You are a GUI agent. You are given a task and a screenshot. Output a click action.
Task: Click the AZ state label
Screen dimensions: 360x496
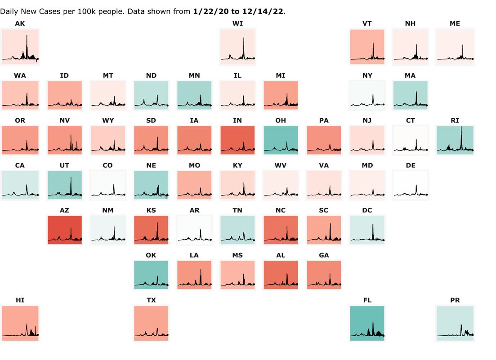click(64, 211)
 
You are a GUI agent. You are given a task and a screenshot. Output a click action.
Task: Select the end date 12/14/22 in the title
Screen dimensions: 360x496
click(263, 11)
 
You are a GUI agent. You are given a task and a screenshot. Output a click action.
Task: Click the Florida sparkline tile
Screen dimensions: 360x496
click(367, 323)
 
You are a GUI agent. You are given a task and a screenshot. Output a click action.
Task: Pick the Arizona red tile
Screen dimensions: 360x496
click(64, 230)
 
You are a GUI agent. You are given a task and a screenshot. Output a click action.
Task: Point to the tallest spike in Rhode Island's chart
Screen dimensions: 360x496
click(461, 128)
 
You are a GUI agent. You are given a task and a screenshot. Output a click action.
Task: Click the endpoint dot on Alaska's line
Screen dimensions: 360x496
click(37, 59)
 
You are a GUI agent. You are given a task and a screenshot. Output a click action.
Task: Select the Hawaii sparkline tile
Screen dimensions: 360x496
click(20, 323)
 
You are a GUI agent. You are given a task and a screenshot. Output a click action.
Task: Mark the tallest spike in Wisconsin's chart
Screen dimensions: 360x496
click(244, 38)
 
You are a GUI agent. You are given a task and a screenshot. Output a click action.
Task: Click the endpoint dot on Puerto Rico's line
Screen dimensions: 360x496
click(474, 335)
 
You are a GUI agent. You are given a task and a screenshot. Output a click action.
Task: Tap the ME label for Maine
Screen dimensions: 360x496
click(455, 24)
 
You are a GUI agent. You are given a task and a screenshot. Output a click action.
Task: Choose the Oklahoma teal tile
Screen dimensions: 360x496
click(151, 275)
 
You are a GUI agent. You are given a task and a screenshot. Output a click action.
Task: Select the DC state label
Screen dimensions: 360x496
click(367, 211)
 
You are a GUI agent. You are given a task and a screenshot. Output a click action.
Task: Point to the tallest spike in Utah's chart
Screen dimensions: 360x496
click(71, 178)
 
